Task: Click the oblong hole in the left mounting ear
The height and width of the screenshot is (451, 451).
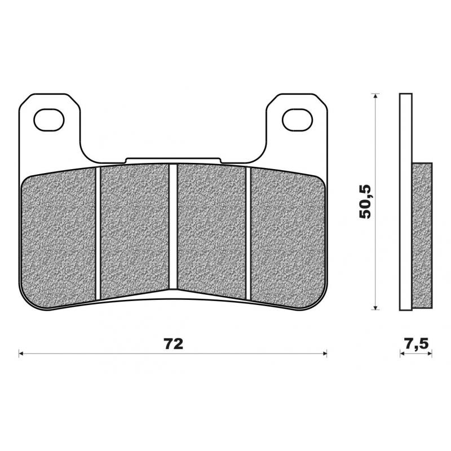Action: [47, 119]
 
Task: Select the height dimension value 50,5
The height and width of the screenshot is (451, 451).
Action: [366, 201]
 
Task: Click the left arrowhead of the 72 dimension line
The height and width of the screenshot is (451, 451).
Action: [22, 354]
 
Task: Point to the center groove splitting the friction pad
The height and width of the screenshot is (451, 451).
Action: [173, 225]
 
